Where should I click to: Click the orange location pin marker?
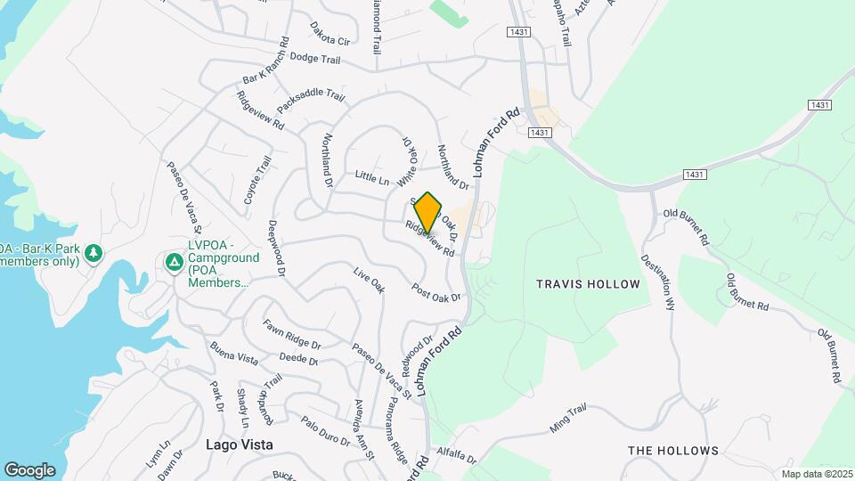(428, 212)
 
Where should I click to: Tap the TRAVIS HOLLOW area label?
(588, 284)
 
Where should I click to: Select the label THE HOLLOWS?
(672, 451)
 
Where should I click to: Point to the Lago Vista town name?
(239, 444)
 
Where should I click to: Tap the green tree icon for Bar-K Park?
(93, 256)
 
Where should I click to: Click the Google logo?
(29, 469)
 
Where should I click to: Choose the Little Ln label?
(372, 179)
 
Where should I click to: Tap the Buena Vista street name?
(233, 352)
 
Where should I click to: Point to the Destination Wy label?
(659, 282)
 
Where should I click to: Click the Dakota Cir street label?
(330, 40)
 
